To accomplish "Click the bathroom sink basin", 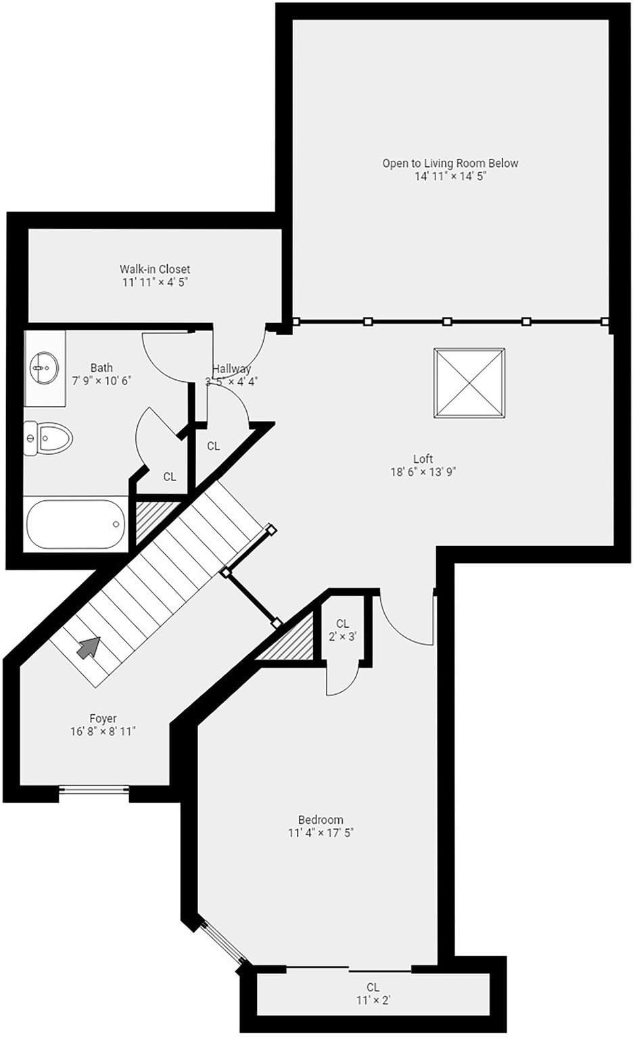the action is [x=44, y=368].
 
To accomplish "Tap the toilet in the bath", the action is [x=48, y=438].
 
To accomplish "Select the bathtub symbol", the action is [x=76, y=524].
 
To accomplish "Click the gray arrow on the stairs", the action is [x=89, y=647].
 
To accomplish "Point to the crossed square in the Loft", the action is [x=469, y=383].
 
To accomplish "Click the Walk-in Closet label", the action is [x=155, y=269].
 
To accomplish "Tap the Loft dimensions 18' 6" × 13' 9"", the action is [x=423, y=472].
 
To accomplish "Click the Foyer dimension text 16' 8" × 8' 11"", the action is [x=103, y=731].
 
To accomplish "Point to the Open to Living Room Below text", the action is [x=450, y=163].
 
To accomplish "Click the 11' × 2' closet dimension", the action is [x=373, y=1000].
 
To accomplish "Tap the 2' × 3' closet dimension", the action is [x=342, y=637].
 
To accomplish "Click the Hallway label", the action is [x=231, y=369].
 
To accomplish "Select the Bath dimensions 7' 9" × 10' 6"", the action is [x=101, y=380].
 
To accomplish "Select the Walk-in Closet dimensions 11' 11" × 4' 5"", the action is [x=155, y=282].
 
